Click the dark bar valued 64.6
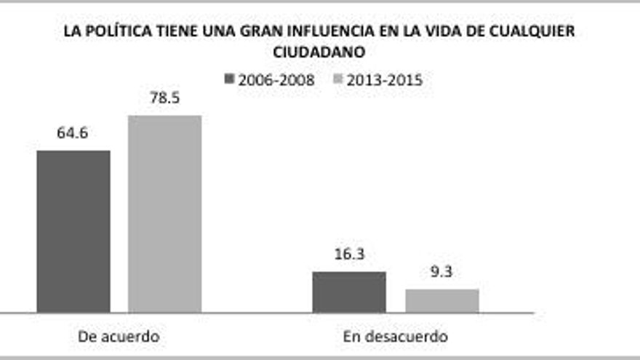[73, 231]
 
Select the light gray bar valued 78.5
[164, 214]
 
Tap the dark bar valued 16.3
[349, 292]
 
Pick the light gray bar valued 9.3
[442, 300]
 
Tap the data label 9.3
[442, 272]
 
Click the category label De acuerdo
[119, 337]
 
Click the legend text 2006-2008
[277, 80]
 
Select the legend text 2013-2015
[384, 80]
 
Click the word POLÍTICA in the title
[117, 32]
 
